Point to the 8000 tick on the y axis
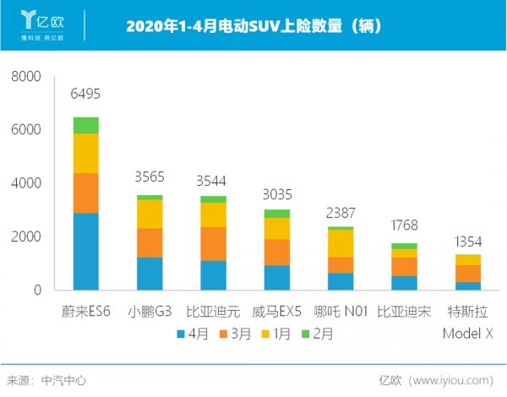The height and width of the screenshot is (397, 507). point(25,77)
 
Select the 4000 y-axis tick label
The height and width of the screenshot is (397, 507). point(25,183)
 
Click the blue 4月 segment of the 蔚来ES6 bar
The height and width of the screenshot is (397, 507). point(85,251)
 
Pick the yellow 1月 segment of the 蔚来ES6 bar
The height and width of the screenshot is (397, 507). point(85,153)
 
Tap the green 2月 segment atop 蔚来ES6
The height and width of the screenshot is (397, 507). point(85,125)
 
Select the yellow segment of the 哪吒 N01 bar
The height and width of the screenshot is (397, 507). point(341,243)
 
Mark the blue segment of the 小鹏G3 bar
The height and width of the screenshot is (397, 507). point(150,273)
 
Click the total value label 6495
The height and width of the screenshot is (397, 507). point(85,91)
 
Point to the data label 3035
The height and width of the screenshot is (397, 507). point(276,191)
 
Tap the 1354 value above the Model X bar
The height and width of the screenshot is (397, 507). point(468,241)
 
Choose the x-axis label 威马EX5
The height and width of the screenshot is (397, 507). point(276,312)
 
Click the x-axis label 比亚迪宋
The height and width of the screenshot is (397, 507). point(404,312)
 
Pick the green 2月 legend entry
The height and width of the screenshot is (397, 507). point(316,334)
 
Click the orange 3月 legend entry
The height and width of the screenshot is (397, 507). point(235,334)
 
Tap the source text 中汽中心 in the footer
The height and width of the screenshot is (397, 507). point(63,381)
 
